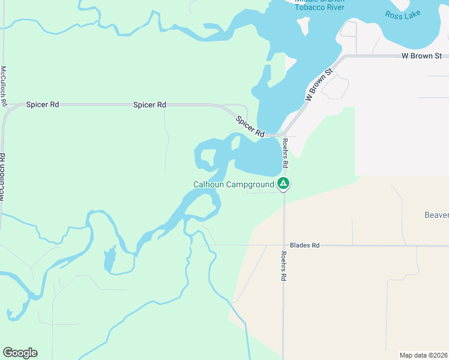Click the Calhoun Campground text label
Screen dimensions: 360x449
[233, 184]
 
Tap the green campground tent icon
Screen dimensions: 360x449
[283, 184]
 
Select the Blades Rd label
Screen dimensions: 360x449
[304, 245]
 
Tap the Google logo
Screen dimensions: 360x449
[20, 353]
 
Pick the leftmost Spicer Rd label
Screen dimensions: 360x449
[43, 104]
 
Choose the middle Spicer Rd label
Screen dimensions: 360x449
[149, 104]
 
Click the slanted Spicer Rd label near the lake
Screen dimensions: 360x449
[250, 125]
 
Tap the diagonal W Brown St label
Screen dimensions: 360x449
[319, 86]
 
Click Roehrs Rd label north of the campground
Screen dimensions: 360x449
[286, 154]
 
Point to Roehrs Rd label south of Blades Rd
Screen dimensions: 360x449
[283, 266]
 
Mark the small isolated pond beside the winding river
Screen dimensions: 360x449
[109, 260]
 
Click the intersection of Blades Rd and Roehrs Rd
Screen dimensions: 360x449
[283, 245]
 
